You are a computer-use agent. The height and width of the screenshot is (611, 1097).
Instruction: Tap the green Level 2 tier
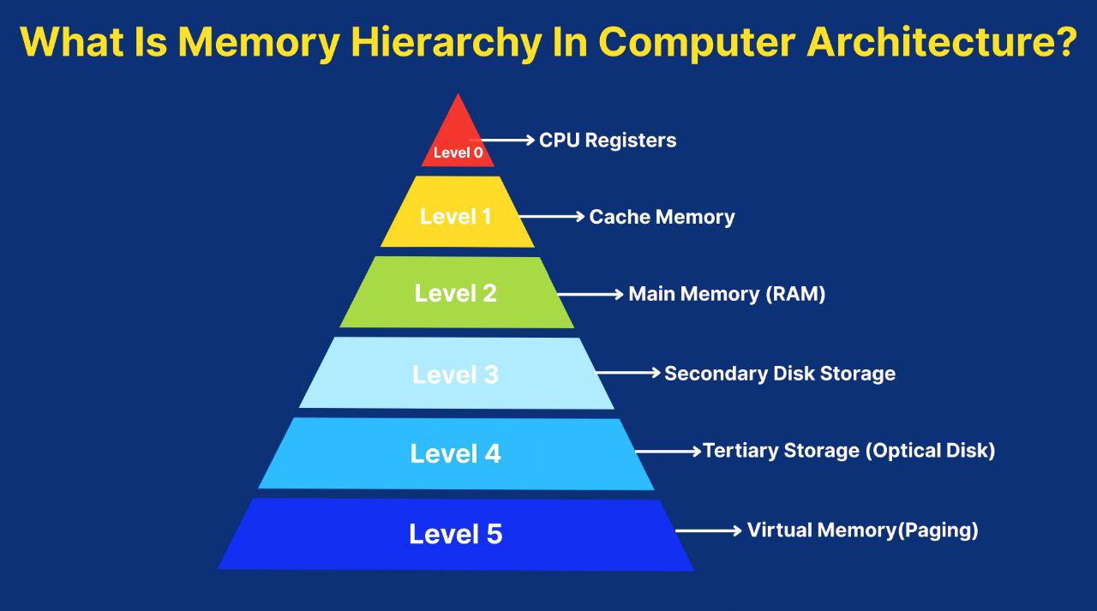tap(457, 292)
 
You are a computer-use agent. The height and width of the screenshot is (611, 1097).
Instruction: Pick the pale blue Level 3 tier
tap(457, 374)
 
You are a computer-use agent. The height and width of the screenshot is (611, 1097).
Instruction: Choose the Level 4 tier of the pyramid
tap(456, 453)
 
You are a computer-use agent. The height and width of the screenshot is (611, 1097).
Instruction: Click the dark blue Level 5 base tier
tap(456, 534)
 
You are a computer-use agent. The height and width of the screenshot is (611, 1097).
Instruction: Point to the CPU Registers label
tap(608, 140)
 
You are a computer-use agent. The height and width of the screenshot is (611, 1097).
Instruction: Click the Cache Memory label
tap(662, 217)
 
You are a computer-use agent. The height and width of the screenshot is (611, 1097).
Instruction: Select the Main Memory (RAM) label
tap(727, 294)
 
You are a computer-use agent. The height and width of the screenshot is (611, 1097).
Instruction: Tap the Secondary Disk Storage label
tap(780, 374)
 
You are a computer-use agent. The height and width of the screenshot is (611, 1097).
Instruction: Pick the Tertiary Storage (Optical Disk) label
tap(849, 451)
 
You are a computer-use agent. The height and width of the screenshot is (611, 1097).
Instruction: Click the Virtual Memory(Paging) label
tap(862, 530)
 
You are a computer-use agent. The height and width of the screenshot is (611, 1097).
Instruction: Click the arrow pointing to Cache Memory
tap(553, 218)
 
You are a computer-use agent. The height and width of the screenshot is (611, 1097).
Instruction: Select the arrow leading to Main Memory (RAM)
tap(591, 295)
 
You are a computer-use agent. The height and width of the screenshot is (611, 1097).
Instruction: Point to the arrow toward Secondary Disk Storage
tap(628, 374)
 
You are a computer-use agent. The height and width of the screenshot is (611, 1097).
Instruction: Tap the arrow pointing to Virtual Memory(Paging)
tap(709, 531)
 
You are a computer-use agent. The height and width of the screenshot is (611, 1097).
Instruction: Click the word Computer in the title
tap(697, 42)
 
